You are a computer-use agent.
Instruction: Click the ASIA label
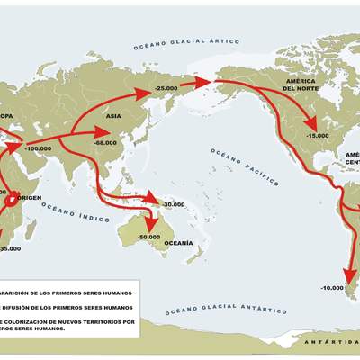pyautogui.click(x=113, y=116)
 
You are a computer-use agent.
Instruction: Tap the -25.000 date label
pyautogui.click(x=166, y=88)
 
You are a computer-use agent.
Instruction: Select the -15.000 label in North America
pyautogui.click(x=317, y=135)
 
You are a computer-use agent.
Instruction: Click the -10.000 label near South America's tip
pyautogui.click(x=332, y=287)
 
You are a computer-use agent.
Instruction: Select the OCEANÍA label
pyautogui.click(x=176, y=243)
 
